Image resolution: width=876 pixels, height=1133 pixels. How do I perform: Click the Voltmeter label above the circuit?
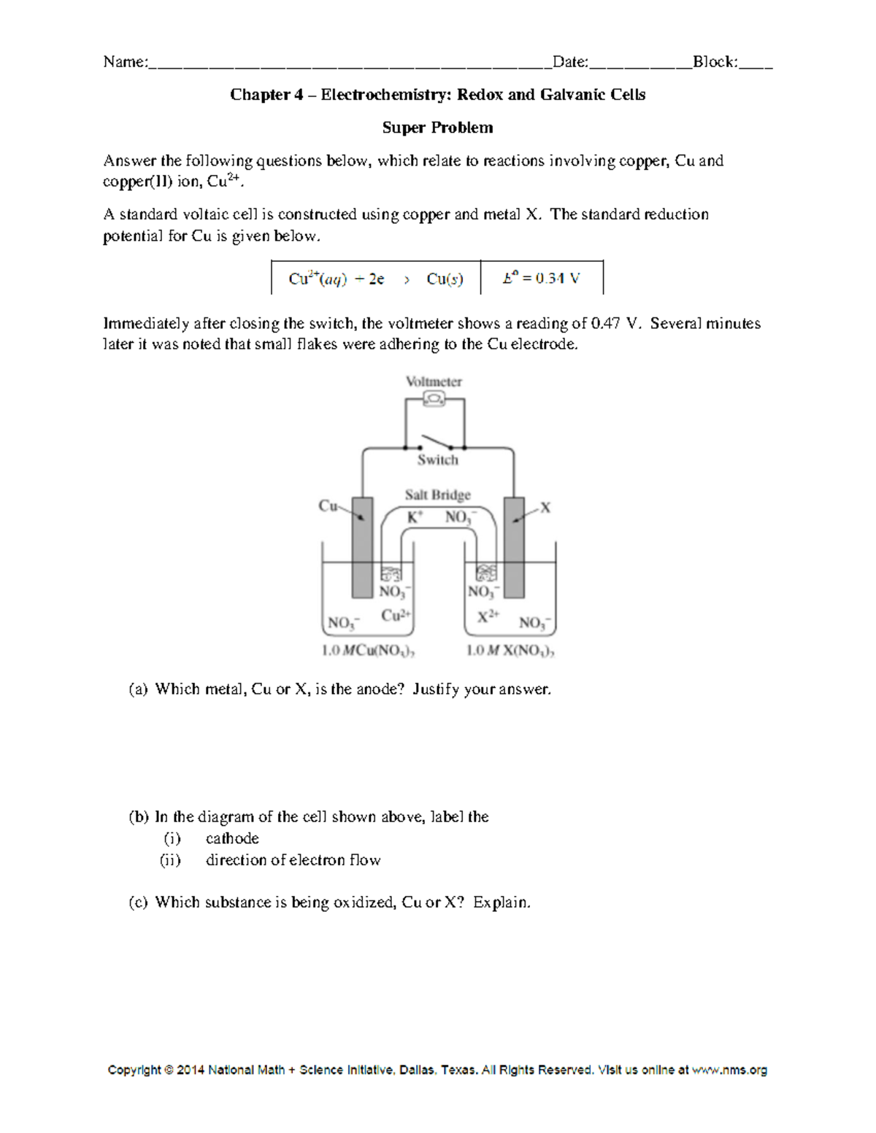pos(434,382)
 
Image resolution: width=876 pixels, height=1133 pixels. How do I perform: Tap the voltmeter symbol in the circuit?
pos(434,398)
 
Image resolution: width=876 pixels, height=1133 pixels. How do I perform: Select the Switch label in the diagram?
pos(437,460)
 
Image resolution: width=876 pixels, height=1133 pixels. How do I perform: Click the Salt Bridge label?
pos(437,495)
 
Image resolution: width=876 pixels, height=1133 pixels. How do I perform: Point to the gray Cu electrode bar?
pos(362,547)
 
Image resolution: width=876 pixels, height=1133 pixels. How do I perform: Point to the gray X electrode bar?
pos(514,547)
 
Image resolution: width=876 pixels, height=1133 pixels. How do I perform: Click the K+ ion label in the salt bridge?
pos(415,517)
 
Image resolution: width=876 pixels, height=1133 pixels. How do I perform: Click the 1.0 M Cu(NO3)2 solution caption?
pos(369,651)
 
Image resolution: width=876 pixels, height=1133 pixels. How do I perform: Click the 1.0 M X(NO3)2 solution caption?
pos(510,651)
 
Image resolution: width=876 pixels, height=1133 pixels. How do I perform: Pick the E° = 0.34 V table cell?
pos(541,279)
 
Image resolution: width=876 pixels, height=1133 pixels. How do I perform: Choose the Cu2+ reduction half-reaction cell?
pos(376,279)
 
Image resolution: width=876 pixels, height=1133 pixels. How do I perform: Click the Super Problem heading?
pos(437,128)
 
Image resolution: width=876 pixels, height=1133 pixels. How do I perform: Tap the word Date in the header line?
pos(569,62)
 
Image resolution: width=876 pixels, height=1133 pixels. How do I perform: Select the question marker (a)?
pos(138,689)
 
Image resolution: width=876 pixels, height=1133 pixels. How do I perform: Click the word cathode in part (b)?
pos(232,838)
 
